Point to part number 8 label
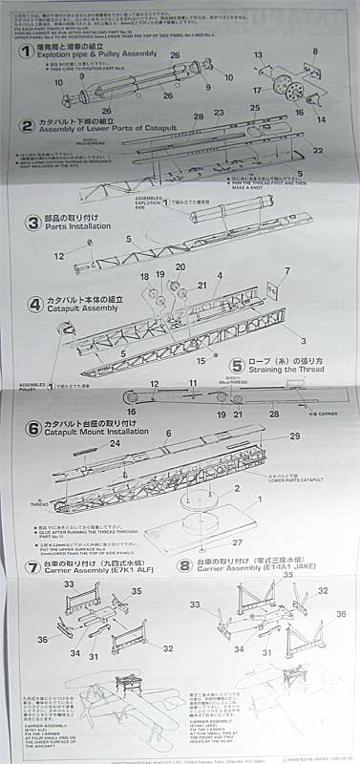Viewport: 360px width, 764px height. click(x=314, y=52)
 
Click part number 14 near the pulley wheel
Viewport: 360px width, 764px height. click(x=319, y=119)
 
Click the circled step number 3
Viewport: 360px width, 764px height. click(x=28, y=222)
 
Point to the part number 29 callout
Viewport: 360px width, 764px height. click(x=295, y=435)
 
